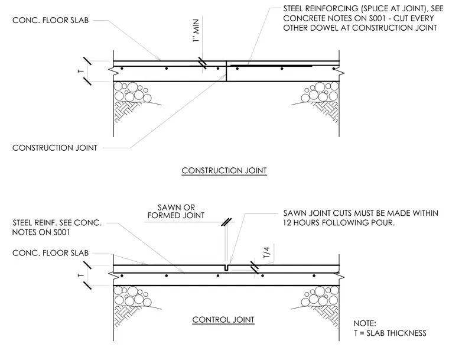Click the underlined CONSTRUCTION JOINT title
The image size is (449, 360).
(x=224, y=170)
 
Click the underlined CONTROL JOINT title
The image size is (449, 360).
(x=223, y=320)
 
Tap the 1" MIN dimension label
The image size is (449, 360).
(x=196, y=31)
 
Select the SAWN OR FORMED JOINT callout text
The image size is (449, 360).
(x=176, y=211)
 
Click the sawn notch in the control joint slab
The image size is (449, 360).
(x=226, y=267)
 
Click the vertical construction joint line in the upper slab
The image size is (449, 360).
(x=226, y=71)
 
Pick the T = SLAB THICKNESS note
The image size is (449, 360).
(x=390, y=333)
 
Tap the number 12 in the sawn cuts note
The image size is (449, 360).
(x=287, y=223)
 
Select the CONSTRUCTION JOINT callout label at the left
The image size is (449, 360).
(x=55, y=148)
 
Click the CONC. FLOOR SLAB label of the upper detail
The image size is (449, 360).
(x=50, y=20)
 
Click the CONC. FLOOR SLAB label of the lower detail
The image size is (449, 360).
(x=50, y=253)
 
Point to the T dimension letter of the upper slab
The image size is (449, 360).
(x=81, y=71)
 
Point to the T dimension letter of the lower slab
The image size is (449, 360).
(x=81, y=275)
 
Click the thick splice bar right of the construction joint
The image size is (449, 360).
(x=271, y=66)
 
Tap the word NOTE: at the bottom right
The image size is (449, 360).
(x=365, y=323)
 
